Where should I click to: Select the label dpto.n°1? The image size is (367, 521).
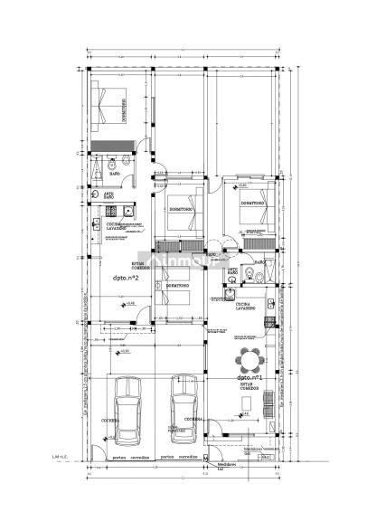[x=249, y=377]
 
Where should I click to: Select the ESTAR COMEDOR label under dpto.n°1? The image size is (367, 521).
[x=250, y=389]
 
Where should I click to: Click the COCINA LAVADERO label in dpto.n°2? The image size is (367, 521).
[x=124, y=225]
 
